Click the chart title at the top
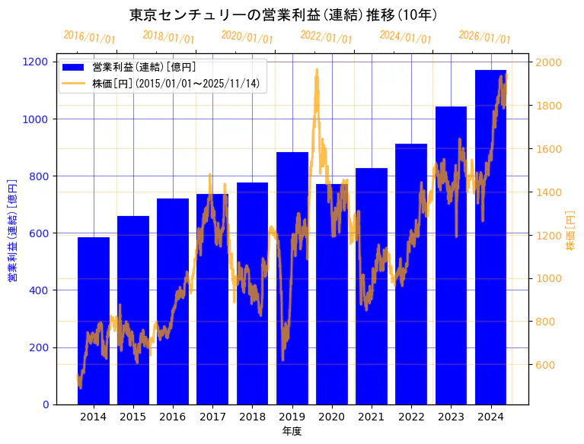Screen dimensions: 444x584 pyautogui.click(x=283, y=14)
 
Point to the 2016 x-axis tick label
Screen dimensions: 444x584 pyautogui.click(x=173, y=417)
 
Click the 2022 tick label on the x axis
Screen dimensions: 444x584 pyautogui.click(x=411, y=417)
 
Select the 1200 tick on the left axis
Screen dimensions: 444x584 pyautogui.click(x=42, y=62)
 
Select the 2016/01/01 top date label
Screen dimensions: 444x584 pyautogui.click(x=89, y=36)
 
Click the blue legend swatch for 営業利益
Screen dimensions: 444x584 pyautogui.click(x=74, y=67)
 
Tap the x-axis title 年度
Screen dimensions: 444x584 pyautogui.click(x=292, y=431)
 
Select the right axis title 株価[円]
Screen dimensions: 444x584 pyautogui.click(x=570, y=231)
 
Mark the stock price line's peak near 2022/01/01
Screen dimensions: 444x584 pyautogui.click(x=317, y=70)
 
